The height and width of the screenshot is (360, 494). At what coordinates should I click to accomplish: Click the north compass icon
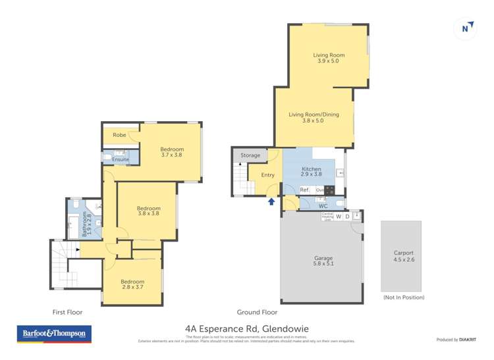pyautogui.click(x=466, y=28)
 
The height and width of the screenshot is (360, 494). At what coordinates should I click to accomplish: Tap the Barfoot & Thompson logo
pyautogui.click(x=54, y=334)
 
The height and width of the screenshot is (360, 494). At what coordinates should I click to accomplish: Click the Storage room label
pyautogui.click(x=250, y=155)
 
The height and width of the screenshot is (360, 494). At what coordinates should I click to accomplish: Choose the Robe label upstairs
pyautogui.click(x=119, y=135)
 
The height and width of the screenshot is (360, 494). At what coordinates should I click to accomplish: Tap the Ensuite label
pyautogui.click(x=121, y=159)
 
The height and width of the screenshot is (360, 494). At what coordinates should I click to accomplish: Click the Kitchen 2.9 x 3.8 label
pyautogui.click(x=311, y=172)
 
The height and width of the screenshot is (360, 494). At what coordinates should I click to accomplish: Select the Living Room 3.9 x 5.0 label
pyautogui.click(x=328, y=58)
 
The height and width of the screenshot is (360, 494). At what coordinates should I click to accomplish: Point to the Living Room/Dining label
pyautogui.click(x=314, y=117)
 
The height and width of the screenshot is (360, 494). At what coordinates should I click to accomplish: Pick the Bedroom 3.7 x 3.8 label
pyautogui.click(x=171, y=152)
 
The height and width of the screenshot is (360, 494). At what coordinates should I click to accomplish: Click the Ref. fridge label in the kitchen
pyautogui.click(x=304, y=190)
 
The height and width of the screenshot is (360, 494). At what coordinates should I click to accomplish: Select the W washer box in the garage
pyautogui.click(x=339, y=216)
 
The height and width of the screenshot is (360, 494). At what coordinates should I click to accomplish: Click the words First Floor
pyautogui.click(x=68, y=312)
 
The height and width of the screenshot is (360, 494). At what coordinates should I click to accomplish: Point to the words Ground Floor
pyautogui.click(x=257, y=312)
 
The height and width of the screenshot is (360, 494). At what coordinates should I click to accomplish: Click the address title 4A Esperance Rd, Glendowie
pyautogui.click(x=246, y=328)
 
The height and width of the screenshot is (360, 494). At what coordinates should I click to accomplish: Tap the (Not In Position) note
pyautogui.click(x=403, y=297)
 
